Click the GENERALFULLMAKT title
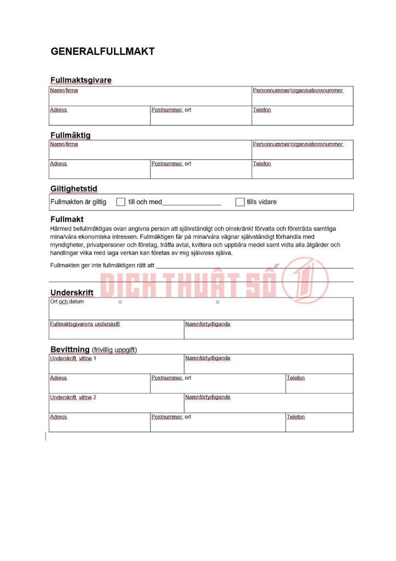coord(103,51)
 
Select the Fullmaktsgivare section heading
coord(81,80)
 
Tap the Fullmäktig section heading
coord(71,135)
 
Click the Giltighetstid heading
coord(74,189)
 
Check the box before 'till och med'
coord(121,202)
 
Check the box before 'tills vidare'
coord(240,202)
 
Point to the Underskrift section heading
coord(72,293)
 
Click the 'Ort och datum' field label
coord(67,302)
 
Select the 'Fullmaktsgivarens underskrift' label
coord(85,324)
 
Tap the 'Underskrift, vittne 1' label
coord(73,358)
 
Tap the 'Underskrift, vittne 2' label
coord(73,397)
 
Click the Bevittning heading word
coord(70,350)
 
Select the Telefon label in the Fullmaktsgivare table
coord(261,110)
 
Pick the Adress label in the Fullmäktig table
coord(59,164)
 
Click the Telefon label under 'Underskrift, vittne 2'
coord(295,417)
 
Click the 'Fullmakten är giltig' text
coord(78,202)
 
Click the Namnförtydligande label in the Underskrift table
coord(208,324)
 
